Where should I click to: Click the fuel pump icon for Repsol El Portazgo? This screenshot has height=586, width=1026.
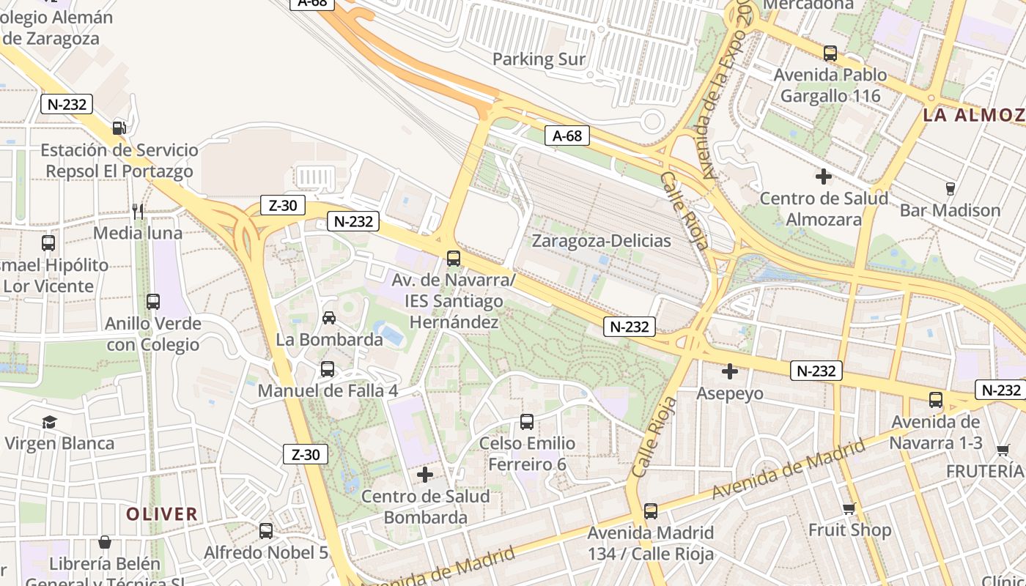(x=119, y=127)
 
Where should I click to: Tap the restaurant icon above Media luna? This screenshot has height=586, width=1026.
(x=138, y=211)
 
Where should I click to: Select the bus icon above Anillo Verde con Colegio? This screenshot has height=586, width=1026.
(x=153, y=301)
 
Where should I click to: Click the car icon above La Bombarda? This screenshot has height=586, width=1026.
(x=329, y=318)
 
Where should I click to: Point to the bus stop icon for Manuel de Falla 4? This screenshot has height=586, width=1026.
(x=328, y=369)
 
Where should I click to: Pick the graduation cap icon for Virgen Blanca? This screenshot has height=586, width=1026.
(x=49, y=422)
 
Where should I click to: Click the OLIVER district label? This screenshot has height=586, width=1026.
(x=161, y=514)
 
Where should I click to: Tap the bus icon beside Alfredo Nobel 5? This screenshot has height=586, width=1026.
(x=266, y=531)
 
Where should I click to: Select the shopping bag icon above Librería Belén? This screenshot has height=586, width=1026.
(x=105, y=542)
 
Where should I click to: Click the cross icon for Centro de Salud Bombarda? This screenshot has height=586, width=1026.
(x=425, y=475)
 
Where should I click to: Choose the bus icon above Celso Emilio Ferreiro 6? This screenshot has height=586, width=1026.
(x=527, y=422)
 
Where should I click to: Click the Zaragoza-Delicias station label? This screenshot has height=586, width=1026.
(x=601, y=241)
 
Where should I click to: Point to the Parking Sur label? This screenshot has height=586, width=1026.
(x=539, y=59)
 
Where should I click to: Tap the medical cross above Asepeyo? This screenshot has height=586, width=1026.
(x=730, y=372)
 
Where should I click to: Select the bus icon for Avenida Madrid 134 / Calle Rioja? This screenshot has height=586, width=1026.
(x=651, y=511)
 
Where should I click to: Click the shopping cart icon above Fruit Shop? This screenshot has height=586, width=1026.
(x=849, y=508)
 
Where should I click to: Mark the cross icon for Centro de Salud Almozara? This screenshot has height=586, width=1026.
(x=824, y=177)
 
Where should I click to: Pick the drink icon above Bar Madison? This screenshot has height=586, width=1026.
(x=951, y=189)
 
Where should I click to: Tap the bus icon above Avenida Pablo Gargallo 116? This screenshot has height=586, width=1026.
(x=830, y=53)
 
